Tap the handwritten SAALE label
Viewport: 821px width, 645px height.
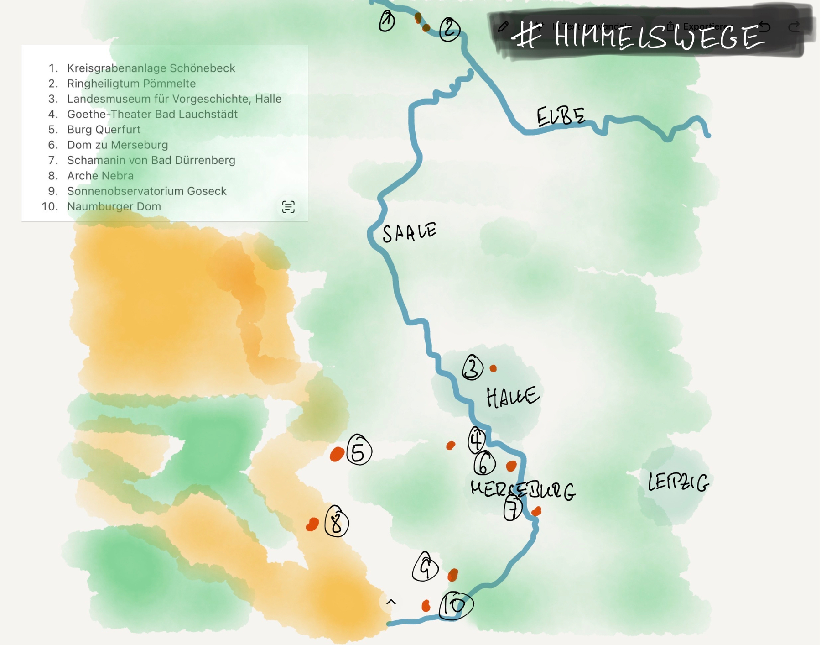pyautogui.click(x=409, y=232)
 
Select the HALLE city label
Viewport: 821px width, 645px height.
pyautogui.click(x=513, y=397)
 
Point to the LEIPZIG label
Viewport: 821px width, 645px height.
pyautogui.click(x=678, y=482)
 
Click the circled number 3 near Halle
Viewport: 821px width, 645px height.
pyautogui.click(x=473, y=368)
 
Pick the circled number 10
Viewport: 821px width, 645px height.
pyautogui.click(x=456, y=605)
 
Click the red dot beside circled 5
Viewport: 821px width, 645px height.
pyautogui.click(x=337, y=454)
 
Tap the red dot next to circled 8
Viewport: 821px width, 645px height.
pyautogui.click(x=312, y=524)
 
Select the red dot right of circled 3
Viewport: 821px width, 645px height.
pyautogui.click(x=493, y=368)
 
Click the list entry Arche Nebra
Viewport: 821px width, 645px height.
pyautogui.click(x=100, y=176)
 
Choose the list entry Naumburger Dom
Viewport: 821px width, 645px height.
pyautogui.click(x=114, y=206)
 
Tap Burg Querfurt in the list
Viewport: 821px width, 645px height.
pyautogui.click(x=104, y=130)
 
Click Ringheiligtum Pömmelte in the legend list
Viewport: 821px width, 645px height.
pyautogui.click(x=131, y=84)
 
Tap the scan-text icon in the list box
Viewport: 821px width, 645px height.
pyautogui.click(x=288, y=207)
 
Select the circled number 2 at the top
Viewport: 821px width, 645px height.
pyautogui.click(x=449, y=30)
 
